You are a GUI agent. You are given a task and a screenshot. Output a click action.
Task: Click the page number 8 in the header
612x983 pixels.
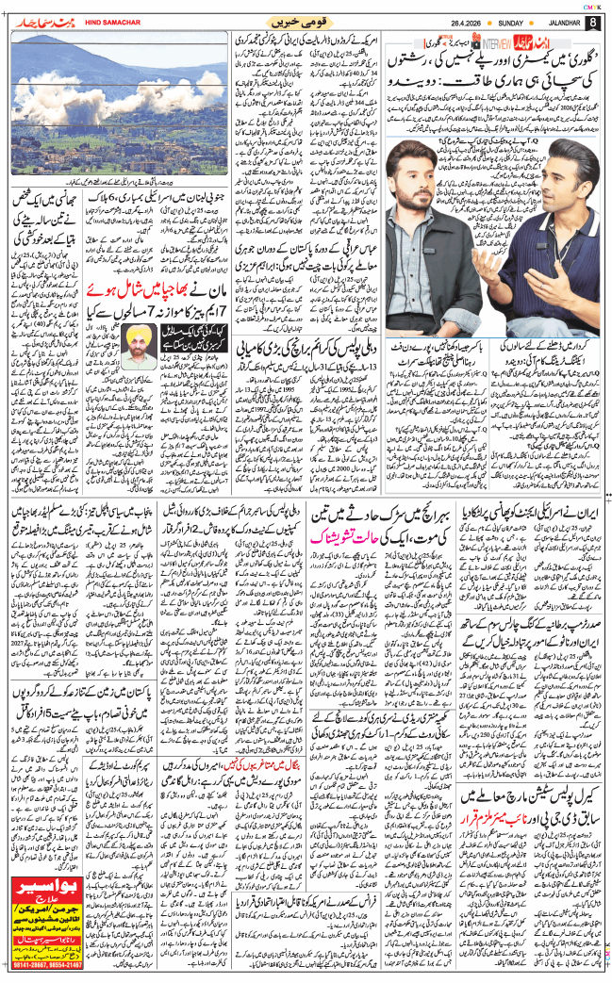point(592,22)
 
